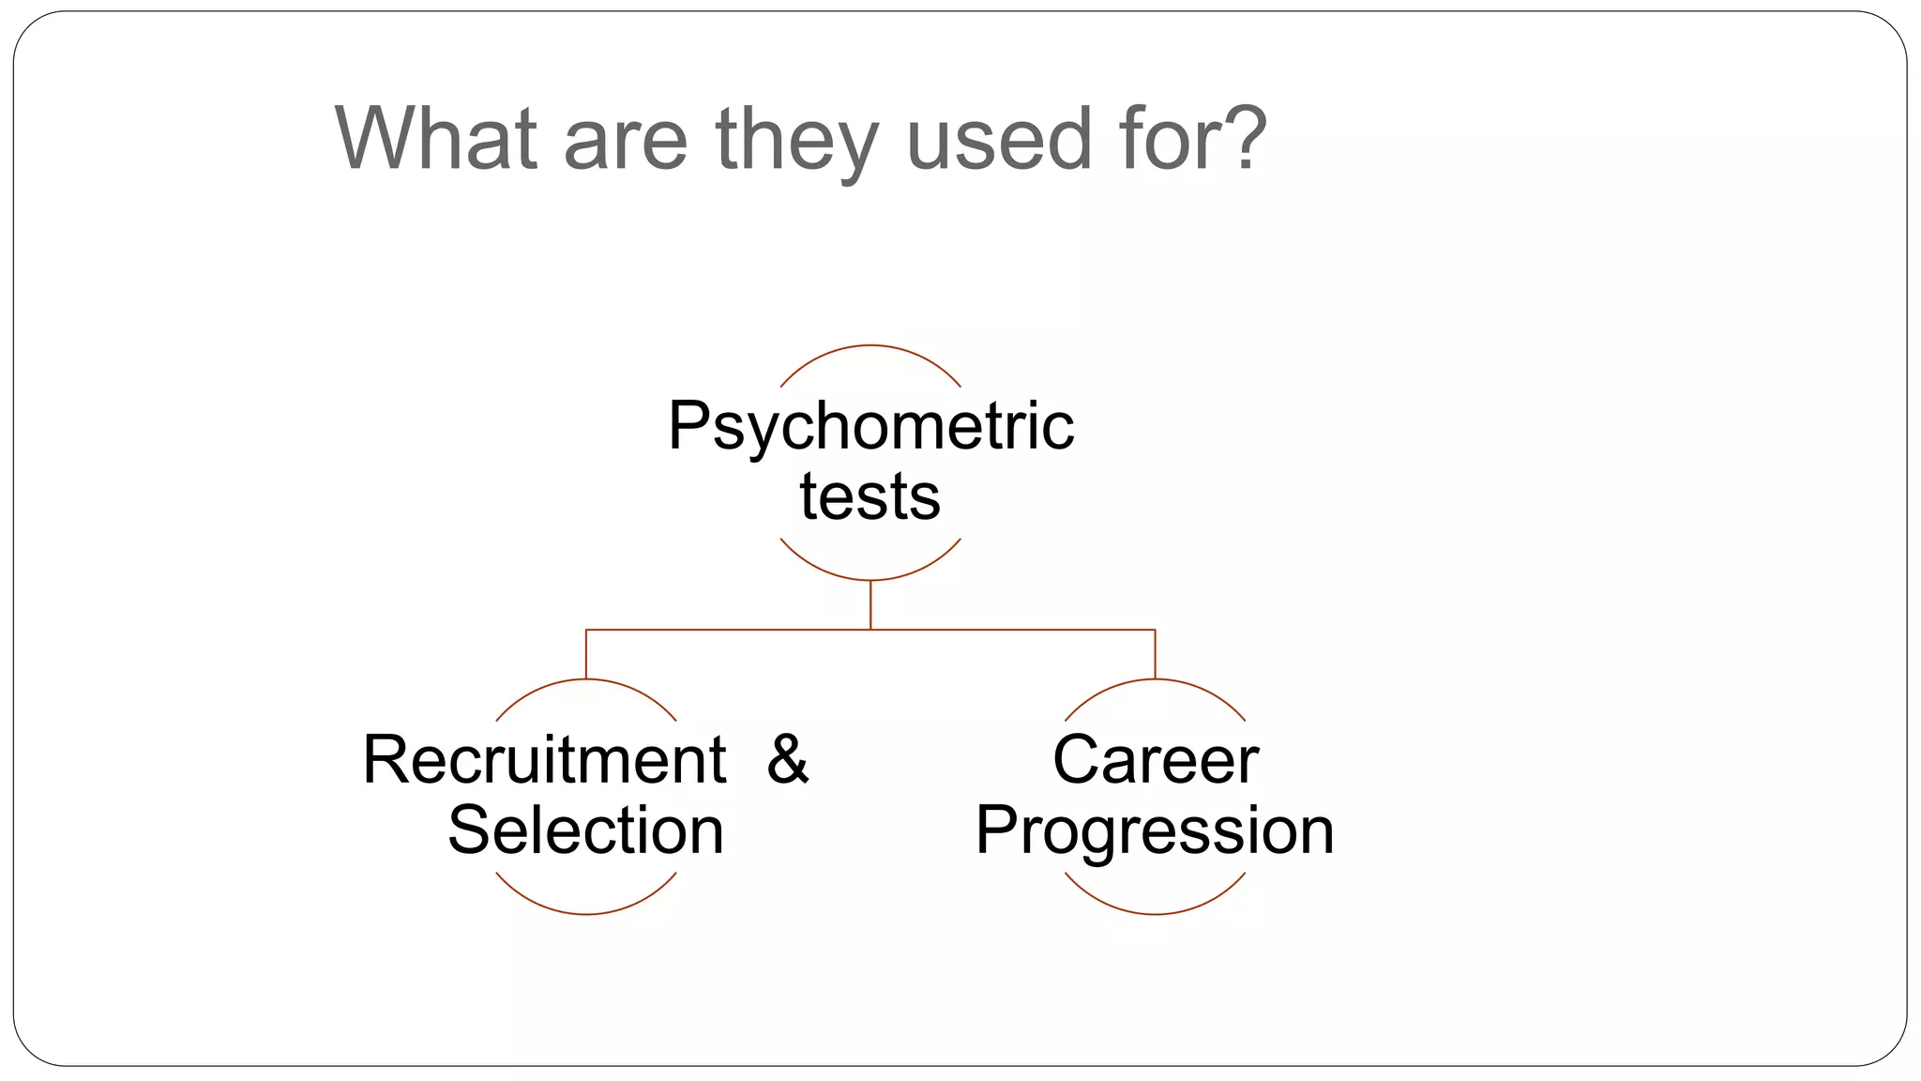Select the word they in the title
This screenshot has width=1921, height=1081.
click(x=797, y=141)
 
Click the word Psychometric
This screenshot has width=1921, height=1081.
click(x=870, y=426)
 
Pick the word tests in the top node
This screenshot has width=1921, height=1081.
click(x=870, y=496)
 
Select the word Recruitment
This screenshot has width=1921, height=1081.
click(x=544, y=759)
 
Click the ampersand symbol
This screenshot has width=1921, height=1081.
click(x=787, y=759)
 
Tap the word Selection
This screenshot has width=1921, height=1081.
click(x=586, y=830)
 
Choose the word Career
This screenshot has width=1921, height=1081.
click(x=1155, y=759)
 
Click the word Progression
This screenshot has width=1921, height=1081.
click(x=1155, y=830)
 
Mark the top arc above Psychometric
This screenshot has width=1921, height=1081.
click(x=870, y=346)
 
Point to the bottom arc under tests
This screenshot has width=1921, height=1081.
click(x=870, y=579)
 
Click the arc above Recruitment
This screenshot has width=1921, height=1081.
click(x=586, y=680)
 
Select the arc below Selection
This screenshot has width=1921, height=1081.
click(x=586, y=913)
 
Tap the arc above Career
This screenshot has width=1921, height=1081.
click(x=1155, y=680)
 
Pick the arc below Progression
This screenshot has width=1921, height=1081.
click(x=1155, y=913)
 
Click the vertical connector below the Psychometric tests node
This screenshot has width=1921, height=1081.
click(x=870, y=604)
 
